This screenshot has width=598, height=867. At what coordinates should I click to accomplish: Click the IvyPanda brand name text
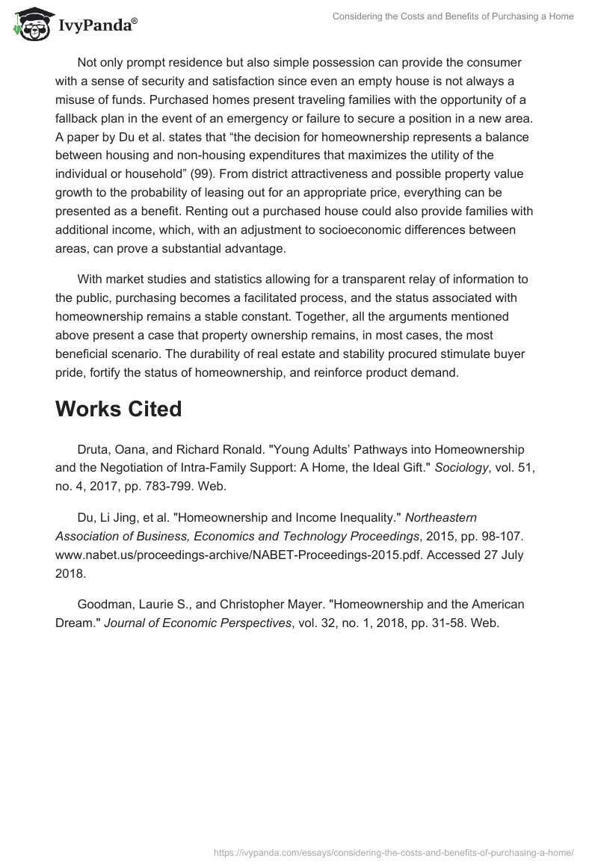coord(96,26)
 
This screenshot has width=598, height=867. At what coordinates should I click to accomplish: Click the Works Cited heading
coord(118,409)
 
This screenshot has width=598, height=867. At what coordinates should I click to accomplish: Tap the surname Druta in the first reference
coord(94,449)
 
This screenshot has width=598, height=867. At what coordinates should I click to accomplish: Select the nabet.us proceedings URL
coord(235,555)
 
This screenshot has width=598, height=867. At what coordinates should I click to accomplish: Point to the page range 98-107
coord(448,536)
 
